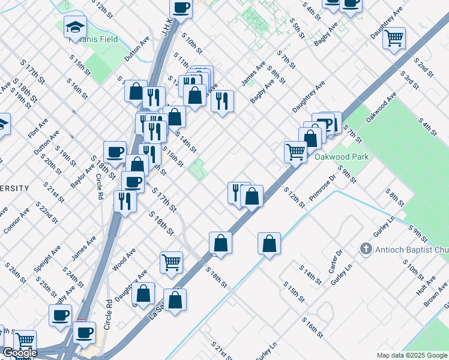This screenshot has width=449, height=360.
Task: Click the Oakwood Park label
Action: [x=341, y=157]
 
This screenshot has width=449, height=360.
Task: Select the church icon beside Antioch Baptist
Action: [x=365, y=248]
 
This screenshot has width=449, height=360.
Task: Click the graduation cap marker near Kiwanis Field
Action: [x=75, y=27]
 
